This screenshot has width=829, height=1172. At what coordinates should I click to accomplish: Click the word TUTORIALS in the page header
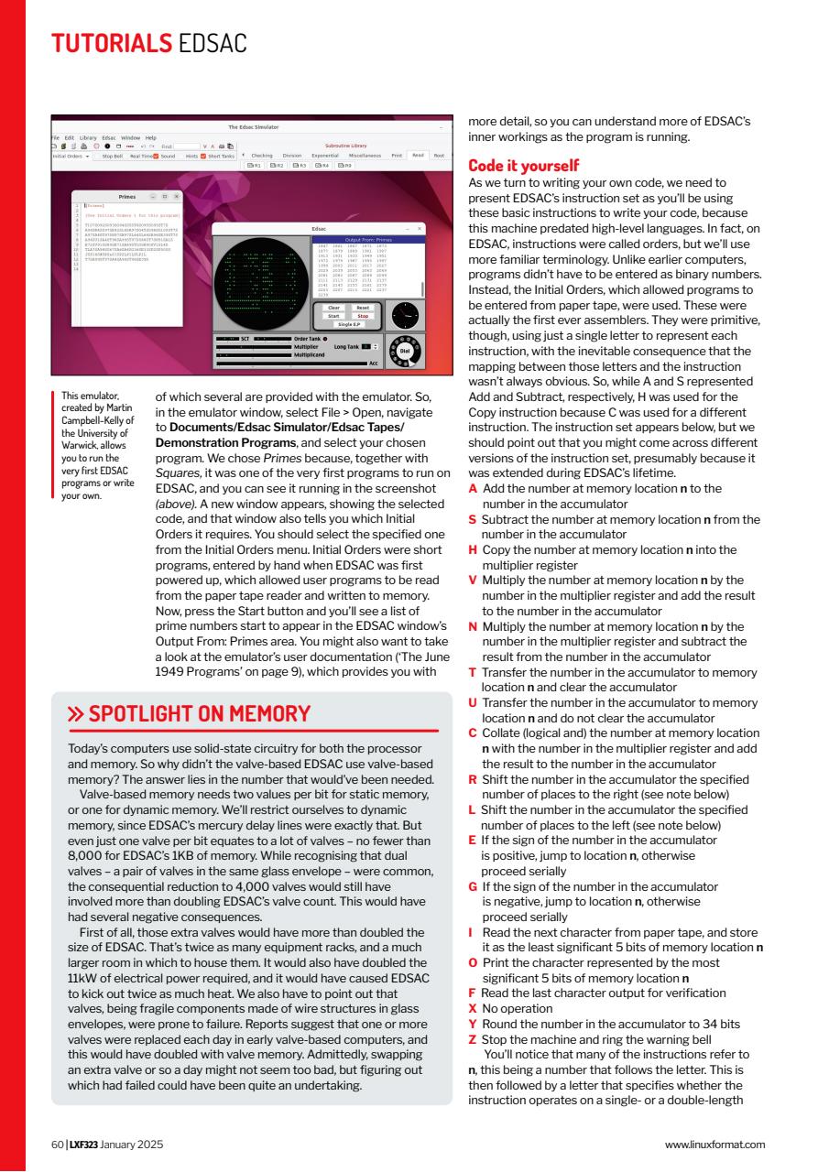(x=111, y=42)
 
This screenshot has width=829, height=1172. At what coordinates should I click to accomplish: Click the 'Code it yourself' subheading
(x=523, y=166)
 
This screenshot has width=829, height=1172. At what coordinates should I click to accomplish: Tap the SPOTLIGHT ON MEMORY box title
(x=199, y=714)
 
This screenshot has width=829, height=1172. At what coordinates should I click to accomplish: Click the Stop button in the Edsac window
(x=363, y=316)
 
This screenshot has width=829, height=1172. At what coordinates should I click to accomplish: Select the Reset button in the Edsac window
(x=363, y=308)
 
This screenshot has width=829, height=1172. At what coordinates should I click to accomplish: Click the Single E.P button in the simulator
(x=348, y=324)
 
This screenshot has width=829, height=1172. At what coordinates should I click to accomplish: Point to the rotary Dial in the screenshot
(x=404, y=353)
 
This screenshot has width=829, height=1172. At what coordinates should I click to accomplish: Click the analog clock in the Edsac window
(x=403, y=314)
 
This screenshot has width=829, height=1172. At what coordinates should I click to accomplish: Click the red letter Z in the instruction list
(x=472, y=1040)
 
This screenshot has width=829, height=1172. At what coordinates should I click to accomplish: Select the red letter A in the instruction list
(x=473, y=489)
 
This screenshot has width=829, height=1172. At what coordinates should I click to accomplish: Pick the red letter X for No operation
(x=472, y=1008)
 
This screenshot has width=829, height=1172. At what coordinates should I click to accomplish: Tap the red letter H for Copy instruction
(x=473, y=549)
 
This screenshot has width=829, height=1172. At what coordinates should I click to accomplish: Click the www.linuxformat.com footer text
(x=714, y=1144)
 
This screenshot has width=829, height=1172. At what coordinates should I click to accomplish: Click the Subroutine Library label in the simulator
(x=345, y=145)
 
